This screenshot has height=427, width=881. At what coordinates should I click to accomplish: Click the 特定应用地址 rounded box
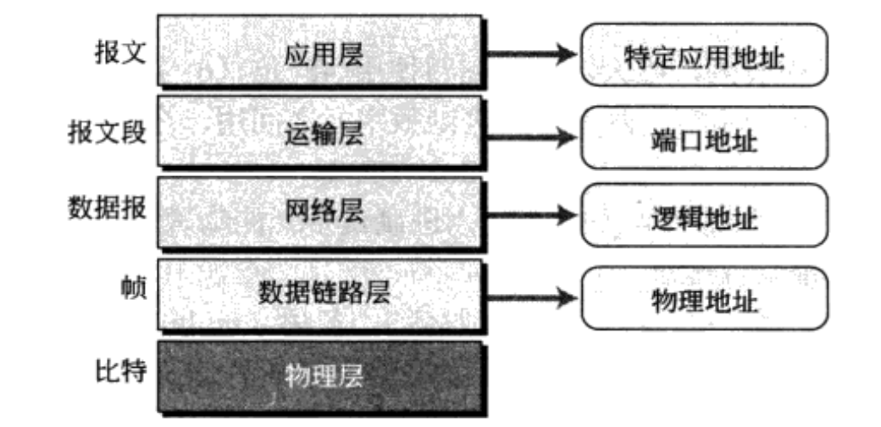703,55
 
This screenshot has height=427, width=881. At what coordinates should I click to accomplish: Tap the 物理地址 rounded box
703,297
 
